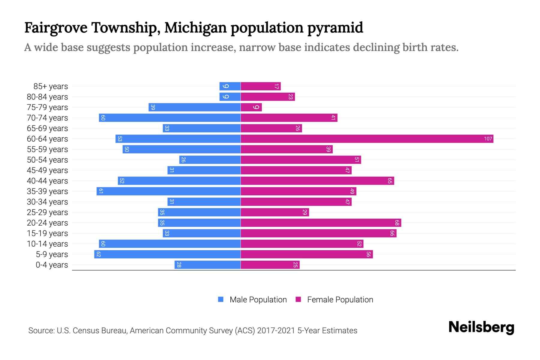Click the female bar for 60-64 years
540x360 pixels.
(x=367, y=139)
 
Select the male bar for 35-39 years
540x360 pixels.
(x=169, y=191)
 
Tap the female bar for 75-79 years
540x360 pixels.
(x=251, y=107)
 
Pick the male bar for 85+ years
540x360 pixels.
(x=230, y=86)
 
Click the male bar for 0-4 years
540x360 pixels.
(x=208, y=265)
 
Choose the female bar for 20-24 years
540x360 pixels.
(x=321, y=223)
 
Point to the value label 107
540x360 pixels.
(x=488, y=139)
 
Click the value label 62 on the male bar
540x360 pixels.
(x=98, y=254)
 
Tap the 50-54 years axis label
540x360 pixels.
(x=47, y=160)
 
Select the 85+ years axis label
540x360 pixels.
(x=51, y=86)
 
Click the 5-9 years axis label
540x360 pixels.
(x=52, y=254)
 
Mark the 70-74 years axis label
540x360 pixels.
(x=47, y=118)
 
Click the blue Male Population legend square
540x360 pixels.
(x=221, y=299)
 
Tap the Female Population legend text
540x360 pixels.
(x=340, y=300)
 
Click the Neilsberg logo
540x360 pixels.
(x=481, y=327)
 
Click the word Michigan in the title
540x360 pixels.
(x=196, y=28)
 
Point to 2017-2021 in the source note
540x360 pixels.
(x=276, y=331)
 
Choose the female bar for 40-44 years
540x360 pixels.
(x=317, y=181)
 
